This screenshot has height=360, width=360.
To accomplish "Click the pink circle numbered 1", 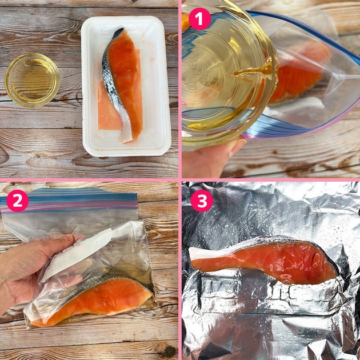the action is (x=200, y=19).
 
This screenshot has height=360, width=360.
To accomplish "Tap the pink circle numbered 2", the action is (x=18, y=201).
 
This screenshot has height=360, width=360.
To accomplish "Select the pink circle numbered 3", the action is (x=202, y=201).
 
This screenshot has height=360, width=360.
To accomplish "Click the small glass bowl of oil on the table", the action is (x=33, y=80).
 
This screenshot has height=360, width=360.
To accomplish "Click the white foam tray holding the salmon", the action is (x=126, y=86).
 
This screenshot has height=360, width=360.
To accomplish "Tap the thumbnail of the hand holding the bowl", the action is (x=238, y=146).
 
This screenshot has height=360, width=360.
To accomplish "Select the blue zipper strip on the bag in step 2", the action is (x=69, y=199).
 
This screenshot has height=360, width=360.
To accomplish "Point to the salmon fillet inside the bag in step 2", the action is (x=92, y=301).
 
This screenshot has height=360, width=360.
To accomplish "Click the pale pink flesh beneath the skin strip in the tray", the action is (x=108, y=110).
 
